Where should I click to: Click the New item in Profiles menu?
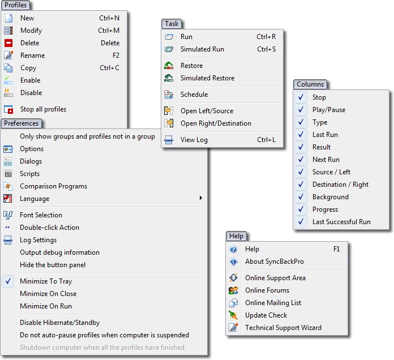click(x=27, y=18)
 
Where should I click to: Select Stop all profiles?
click(x=43, y=109)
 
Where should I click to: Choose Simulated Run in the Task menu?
click(x=202, y=49)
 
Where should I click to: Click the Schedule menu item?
click(x=194, y=95)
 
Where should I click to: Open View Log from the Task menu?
click(x=194, y=140)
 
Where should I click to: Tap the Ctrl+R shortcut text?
click(x=266, y=37)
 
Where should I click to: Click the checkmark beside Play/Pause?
click(x=301, y=110)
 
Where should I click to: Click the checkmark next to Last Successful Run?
click(x=301, y=222)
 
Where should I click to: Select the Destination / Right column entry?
click(x=340, y=185)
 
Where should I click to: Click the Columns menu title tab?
click(x=310, y=84)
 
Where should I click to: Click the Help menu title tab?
click(x=236, y=236)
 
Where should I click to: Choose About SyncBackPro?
click(x=273, y=262)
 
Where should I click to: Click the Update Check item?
click(x=266, y=315)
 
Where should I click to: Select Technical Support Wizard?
click(x=283, y=328)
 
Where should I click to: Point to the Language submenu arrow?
click(x=200, y=199)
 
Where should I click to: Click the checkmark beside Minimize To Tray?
click(x=8, y=281)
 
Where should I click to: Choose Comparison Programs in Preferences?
click(x=54, y=186)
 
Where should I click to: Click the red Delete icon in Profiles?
click(x=8, y=43)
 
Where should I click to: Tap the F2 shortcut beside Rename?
click(x=116, y=55)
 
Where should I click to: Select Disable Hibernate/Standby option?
click(x=60, y=323)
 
